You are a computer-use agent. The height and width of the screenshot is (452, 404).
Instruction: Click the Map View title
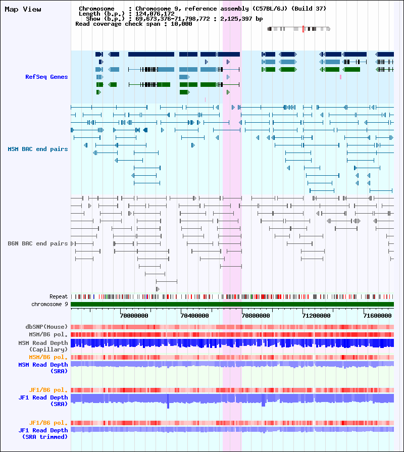click(x=23, y=10)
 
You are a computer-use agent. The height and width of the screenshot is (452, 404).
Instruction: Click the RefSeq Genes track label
click(x=46, y=77)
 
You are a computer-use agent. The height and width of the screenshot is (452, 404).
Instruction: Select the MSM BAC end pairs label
click(x=38, y=149)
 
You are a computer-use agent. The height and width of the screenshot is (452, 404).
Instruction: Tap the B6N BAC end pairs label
click(x=38, y=243)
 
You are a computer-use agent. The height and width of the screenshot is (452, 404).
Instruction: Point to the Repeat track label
click(x=59, y=296)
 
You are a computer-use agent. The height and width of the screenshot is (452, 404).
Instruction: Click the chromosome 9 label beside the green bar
click(x=49, y=304)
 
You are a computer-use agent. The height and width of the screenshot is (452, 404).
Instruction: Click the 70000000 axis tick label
click(x=134, y=316)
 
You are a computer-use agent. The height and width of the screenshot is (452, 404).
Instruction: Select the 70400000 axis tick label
click(x=195, y=316)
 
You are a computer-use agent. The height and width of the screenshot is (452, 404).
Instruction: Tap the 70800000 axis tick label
click(x=256, y=316)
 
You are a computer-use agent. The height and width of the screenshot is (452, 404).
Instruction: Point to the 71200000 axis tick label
click(x=317, y=316)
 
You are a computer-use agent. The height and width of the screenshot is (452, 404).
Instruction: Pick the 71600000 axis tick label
click(x=378, y=316)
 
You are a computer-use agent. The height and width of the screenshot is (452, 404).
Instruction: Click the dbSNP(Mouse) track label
click(x=46, y=327)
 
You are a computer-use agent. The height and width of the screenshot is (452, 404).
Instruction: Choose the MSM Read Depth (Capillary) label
click(x=43, y=346)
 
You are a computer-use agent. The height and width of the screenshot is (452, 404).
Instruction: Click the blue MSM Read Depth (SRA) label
click(x=43, y=368)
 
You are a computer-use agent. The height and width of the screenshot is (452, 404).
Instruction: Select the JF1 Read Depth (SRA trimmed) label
click(x=43, y=433)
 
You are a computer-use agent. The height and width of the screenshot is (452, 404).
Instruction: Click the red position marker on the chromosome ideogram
click(x=303, y=29)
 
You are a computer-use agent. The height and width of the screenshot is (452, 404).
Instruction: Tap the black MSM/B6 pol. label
click(x=48, y=334)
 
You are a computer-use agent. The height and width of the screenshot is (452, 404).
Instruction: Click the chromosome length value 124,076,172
click(x=155, y=14)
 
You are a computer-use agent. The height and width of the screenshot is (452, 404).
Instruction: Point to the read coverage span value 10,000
click(x=181, y=24)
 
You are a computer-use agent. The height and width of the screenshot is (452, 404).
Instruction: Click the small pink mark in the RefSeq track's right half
click(x=340, y=77)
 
